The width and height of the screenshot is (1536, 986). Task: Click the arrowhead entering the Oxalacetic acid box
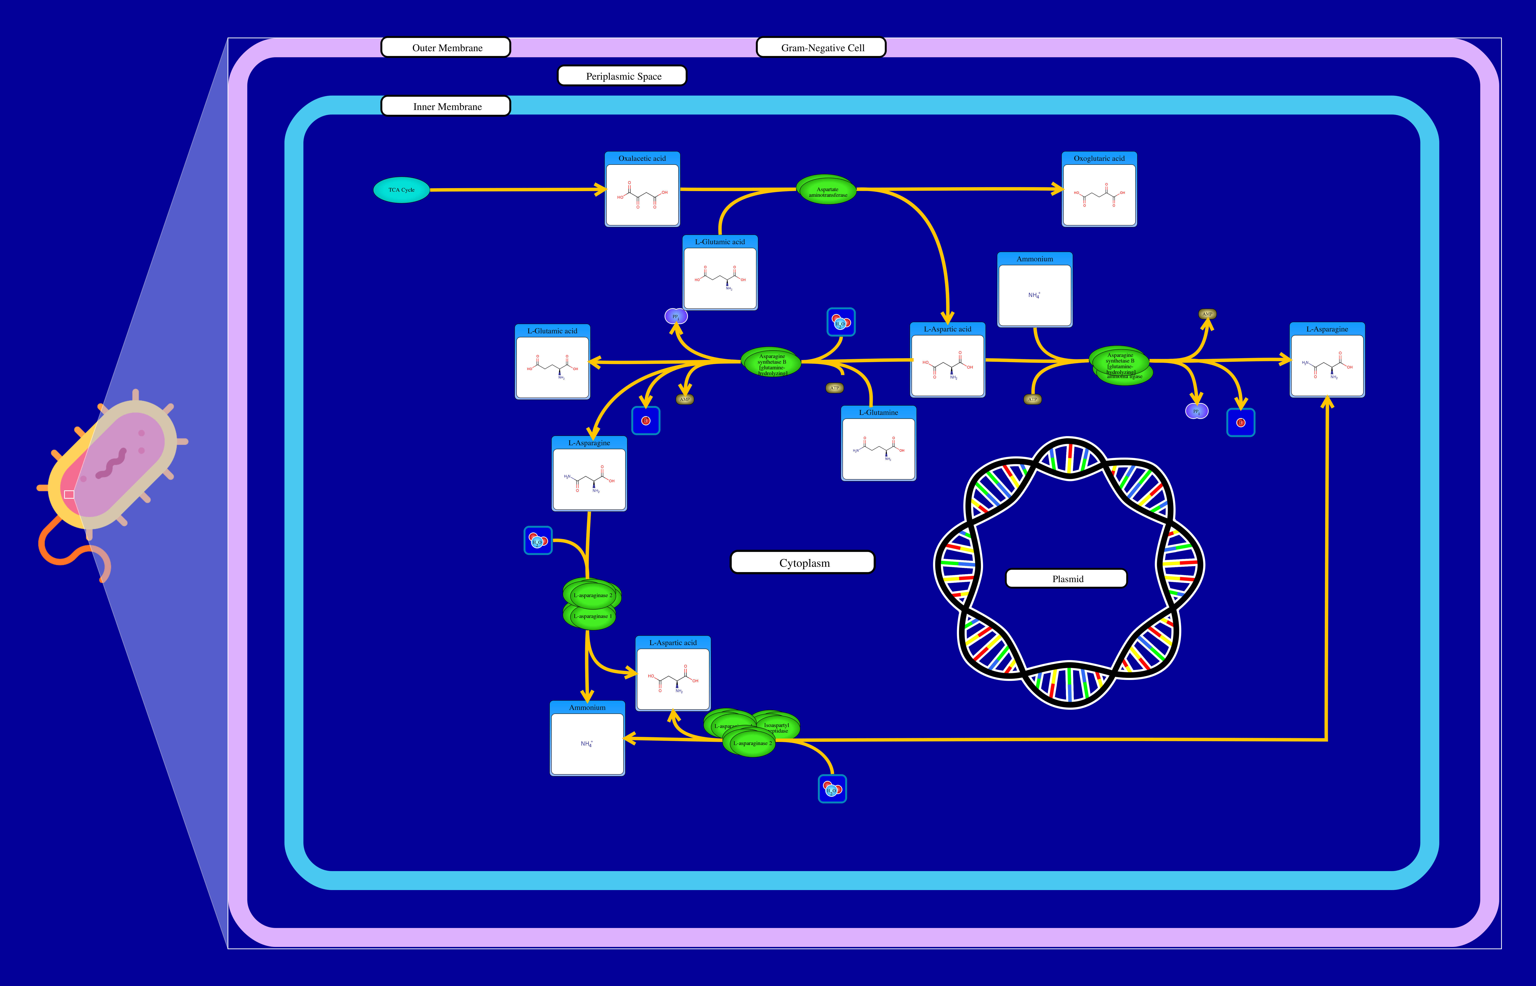[x=601, y=189]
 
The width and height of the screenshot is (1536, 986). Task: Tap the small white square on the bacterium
[x=69, y=494]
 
